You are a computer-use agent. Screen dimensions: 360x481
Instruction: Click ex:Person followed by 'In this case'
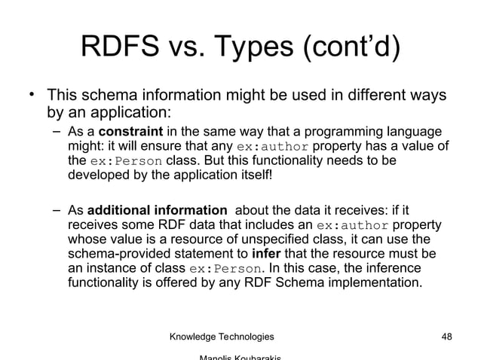coord(226,269)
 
